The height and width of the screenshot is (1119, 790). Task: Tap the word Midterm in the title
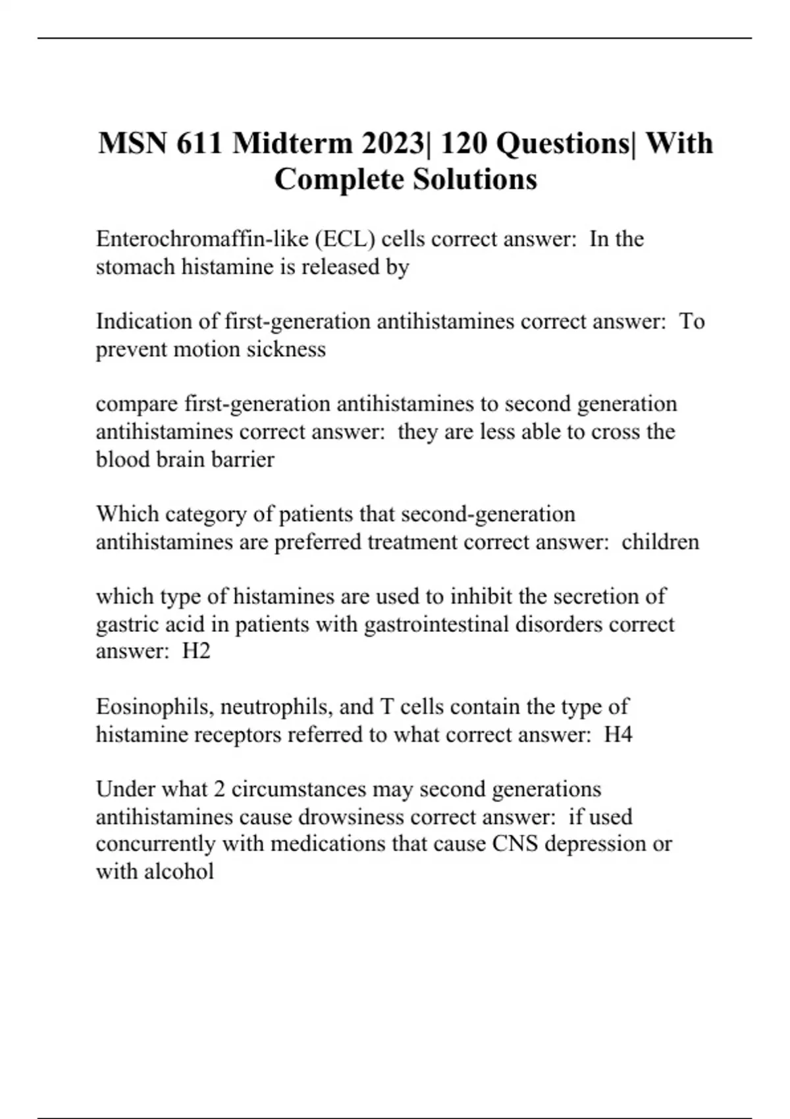point(292,143)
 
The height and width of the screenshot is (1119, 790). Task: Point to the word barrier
point(243,459)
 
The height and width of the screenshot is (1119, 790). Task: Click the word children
point(660,542)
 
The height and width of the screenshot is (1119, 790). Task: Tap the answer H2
point(196,651)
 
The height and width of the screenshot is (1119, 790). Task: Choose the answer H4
point(618,734)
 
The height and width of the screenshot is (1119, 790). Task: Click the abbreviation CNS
point(515,844)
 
